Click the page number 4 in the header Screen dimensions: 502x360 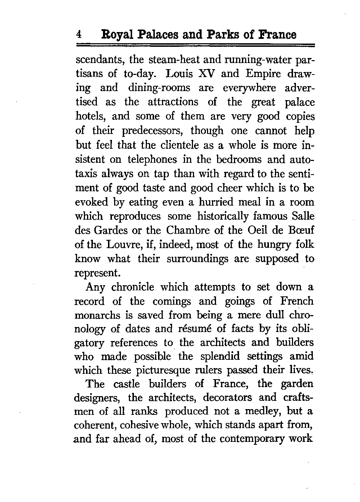(x=78, y=35)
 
